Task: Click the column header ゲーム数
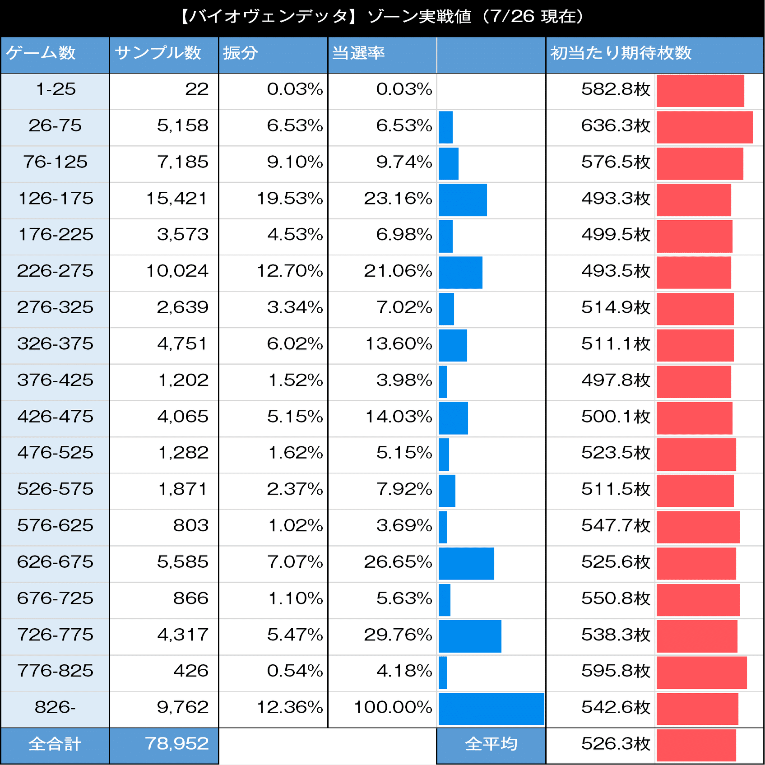[41, 53]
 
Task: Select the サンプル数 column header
[158, 53]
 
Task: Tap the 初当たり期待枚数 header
[621, 53]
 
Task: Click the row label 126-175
[55, 199]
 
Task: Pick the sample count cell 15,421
[177, 199]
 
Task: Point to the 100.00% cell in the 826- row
[393, 707]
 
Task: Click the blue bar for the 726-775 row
[469, 636]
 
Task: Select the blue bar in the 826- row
[491, 709]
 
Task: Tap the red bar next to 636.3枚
[704, 127]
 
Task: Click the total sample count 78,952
[176, 744]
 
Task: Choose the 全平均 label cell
[491, 744]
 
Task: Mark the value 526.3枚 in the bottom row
[616, 744]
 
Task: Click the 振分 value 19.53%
[290, 199]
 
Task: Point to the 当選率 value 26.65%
[398, 562]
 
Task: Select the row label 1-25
[55, 89]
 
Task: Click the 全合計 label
[55, 744]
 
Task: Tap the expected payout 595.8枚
[616, 671]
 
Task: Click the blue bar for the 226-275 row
[460, 273]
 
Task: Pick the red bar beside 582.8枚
[700, 91]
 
